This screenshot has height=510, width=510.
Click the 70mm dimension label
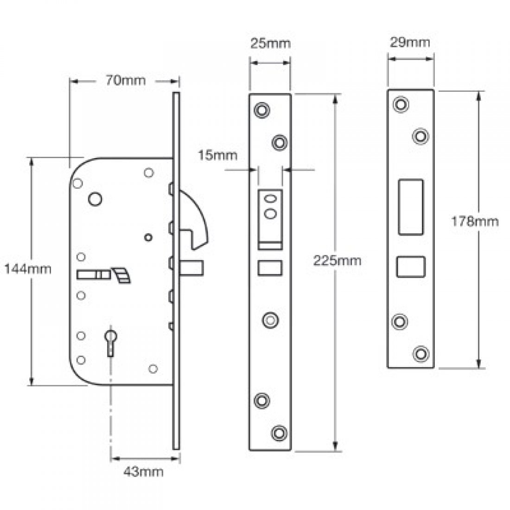(x=125, y=80)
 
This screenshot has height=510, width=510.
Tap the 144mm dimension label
(x=27, y=268)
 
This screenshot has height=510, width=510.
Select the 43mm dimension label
(x=143, y=472)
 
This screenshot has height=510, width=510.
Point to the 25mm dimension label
(x=270, y=44)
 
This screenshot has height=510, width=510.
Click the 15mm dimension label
(x=218, y=155)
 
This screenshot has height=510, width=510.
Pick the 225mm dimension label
(x=337, y=260)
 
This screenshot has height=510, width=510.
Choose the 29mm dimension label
(x=411, y=43)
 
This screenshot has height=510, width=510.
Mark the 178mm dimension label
(x=475, y=221)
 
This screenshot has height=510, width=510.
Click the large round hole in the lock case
(x=95, y=198)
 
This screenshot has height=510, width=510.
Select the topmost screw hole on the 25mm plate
(x=262, y=110)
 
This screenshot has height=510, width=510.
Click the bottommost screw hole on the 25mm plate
(x=279, y=433)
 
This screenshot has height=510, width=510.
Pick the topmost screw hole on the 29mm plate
(x=400, y=104)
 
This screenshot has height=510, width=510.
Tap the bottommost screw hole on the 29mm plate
(x=421, y=353)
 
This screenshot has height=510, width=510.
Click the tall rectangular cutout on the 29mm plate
(x=411, y=207)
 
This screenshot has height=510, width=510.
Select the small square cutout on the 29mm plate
(x=411, y=267)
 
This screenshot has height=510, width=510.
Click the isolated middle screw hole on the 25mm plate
(x=269, y=319)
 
